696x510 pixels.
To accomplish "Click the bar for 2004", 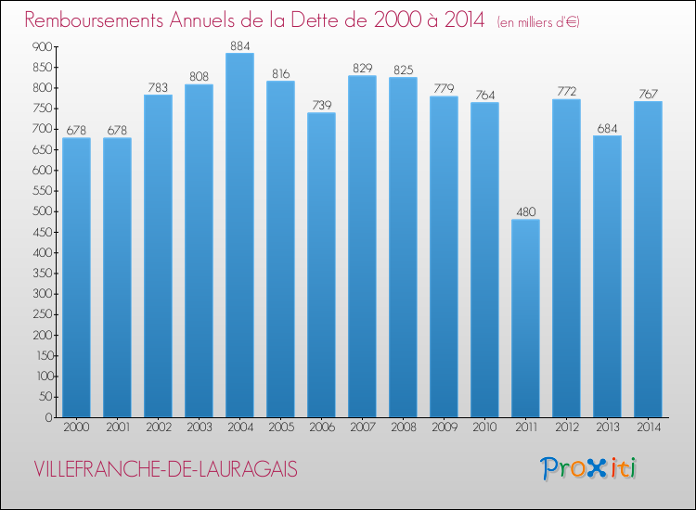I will pos(239,236).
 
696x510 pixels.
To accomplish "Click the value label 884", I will pos(239,45).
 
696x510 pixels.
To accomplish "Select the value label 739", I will pos(321,105).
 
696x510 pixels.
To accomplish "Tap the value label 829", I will pos(362,68).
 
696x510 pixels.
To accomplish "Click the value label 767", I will pos(648,93).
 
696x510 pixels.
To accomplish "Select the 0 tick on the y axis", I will pos(46,417).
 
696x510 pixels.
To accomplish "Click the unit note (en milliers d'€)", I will pos(537,21).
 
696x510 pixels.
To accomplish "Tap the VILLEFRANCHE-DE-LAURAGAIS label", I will pos(164,469).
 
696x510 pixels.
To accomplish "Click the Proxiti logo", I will pos(588,468).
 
